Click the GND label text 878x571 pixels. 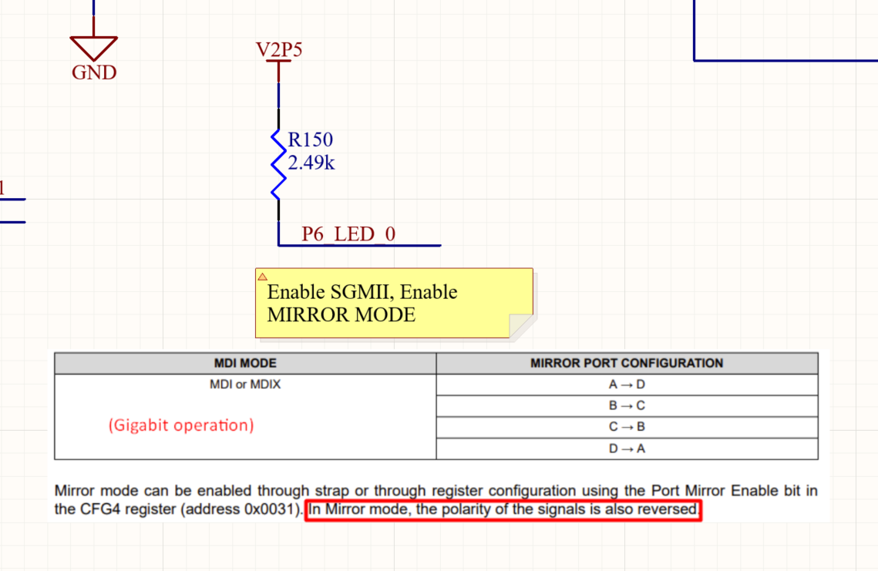pyautogui.click(x=94, y=72)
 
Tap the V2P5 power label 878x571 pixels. pyautogui.click(x=279, y=50)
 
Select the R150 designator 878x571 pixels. pyautogui.click(x=310, y=139)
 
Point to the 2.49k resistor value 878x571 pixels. pyautogui.click(x=311, y=163)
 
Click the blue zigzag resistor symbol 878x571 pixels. pyautogui.click(x=278, y=164)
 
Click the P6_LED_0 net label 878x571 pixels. pyautogui.click(x=348, y=234)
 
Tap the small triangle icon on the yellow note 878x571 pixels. pyautogui.click(x=263, y=277)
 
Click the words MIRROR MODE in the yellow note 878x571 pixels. pyautogui.click(x=341, y=315)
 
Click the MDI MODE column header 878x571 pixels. pyautogui.click(x=245, y=363)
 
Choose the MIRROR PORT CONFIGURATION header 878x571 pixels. pyautogui.click(x=627, y=363)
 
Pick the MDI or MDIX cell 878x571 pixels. pyautogui.click(x=245, y=385)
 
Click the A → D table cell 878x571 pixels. pyautogui.click(x=627, y=385)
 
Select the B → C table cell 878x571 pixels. pyautogui.click(x=627, y=405)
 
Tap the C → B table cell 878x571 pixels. pyautogui.click(x=627, y=427)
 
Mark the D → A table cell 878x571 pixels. pyautogui.click(x=627, y=448)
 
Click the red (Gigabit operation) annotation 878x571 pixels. pyautogui.click(x=181, y=425)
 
